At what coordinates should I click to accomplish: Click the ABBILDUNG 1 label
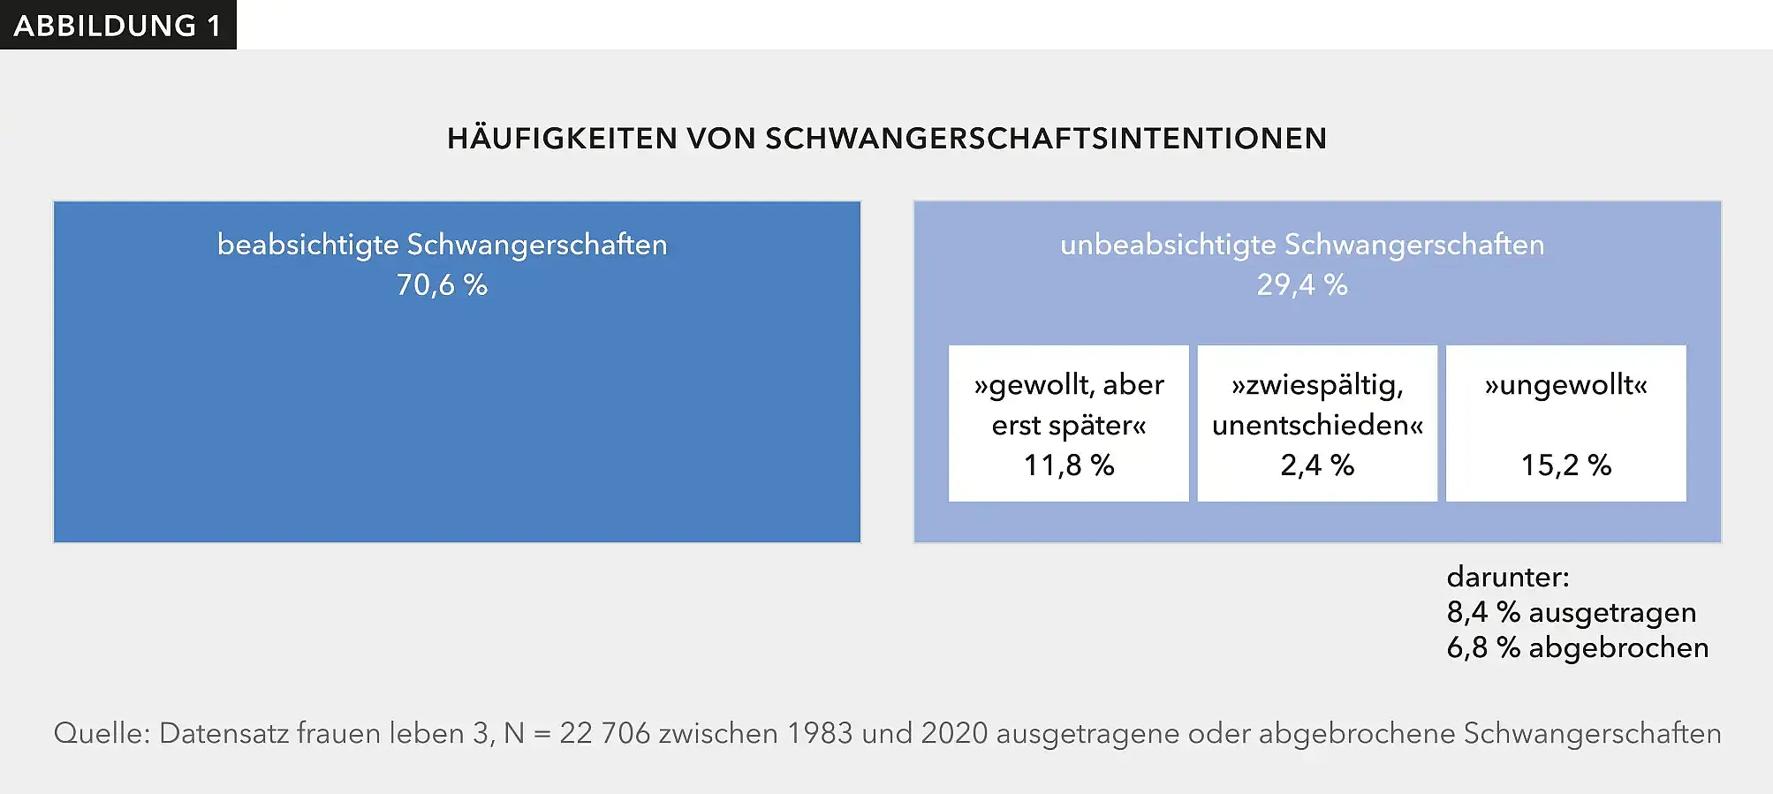(117, 26)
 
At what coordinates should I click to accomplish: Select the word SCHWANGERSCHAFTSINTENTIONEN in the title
(1046, 139)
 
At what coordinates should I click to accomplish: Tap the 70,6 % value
(442, 284)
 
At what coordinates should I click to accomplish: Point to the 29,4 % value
(1302, 284)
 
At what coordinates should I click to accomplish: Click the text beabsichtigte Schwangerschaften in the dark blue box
(442, 245)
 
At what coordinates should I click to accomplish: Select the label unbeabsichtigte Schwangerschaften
(1302, 245)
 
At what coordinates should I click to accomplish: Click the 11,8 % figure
(1069, 465)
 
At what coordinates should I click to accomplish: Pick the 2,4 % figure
(1317, 465)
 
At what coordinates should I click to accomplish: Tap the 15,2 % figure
(1565, 465)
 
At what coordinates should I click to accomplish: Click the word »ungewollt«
(1565, 385)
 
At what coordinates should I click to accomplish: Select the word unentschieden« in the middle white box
(1317, 425)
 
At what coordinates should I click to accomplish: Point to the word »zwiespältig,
(1317, 385)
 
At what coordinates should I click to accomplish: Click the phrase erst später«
(1069, 425)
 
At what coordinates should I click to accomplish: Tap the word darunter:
(1508, 577)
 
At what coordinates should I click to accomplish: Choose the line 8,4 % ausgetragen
(1571, 612)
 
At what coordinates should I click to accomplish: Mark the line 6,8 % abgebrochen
(1577, 647)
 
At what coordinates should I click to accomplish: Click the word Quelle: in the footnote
(102, 733)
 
